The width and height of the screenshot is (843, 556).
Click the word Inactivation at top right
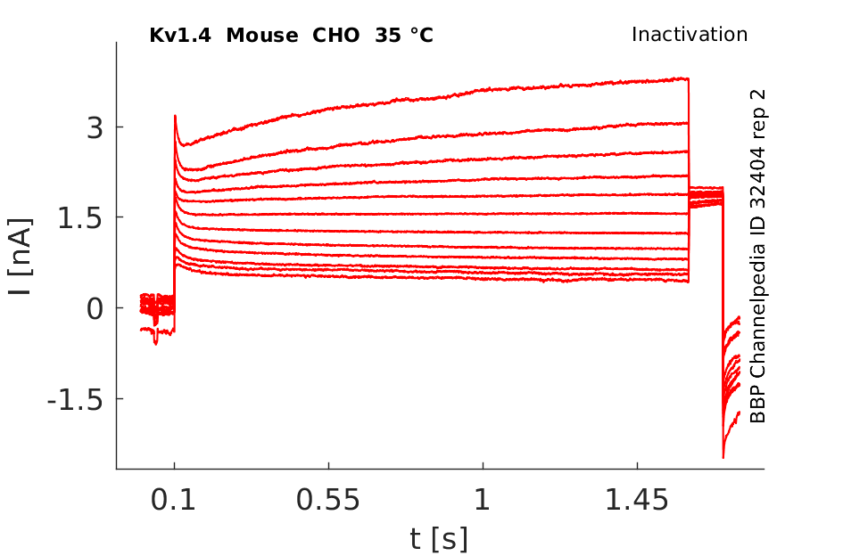[x=690, y=35]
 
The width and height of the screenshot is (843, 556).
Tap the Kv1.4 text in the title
[x=180, y=36]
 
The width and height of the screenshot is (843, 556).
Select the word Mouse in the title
[x=262, y=36]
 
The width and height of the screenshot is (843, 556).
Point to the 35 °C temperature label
[x=404, y=36]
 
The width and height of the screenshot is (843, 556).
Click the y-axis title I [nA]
[x=21, y=257]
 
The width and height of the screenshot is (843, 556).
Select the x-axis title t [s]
[x=438, y=538]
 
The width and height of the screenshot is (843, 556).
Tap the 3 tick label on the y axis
[x=95, y=127]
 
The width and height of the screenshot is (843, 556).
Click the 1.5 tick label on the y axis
[x=79, y=218]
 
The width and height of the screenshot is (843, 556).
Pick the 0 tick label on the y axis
[x=95, y=309]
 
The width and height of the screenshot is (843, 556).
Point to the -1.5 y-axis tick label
[x=75, y=400]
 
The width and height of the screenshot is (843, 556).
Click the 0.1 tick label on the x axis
[x=173, y=500]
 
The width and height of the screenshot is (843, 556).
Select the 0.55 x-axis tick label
[x=328, y=500]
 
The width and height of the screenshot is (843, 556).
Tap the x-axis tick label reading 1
[x=483, y=500]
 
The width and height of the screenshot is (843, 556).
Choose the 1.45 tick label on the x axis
[x=637, y=500]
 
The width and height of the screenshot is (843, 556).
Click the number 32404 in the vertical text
[x=757, y=174]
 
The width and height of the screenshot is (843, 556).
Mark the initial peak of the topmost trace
[x=175, y=116]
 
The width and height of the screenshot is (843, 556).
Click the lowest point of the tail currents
[x=723, y=457]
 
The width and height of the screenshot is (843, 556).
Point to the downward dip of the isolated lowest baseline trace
[x=156, y=342]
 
